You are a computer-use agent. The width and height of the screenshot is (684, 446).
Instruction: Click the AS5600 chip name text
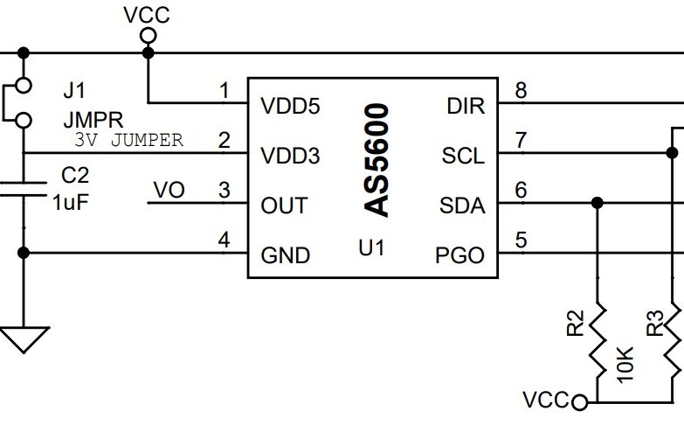377,160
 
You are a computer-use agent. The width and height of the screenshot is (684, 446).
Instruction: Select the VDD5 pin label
290,107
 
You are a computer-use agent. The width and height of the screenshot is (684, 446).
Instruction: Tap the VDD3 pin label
290,157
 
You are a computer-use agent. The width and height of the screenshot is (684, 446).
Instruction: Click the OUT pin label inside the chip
284,206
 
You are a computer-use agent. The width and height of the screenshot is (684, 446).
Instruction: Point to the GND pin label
286,256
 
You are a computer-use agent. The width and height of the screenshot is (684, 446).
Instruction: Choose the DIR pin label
466,107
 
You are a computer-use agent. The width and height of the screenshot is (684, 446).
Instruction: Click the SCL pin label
463,157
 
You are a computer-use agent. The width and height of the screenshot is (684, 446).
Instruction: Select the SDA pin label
462,206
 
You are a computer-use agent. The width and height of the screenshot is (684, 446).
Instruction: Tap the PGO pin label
459,256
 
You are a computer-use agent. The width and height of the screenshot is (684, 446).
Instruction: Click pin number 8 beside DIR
522,90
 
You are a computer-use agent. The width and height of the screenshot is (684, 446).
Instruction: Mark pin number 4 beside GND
225,240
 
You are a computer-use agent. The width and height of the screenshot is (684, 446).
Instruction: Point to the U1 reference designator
371,248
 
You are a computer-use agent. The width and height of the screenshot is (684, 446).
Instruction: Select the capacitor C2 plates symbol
24,189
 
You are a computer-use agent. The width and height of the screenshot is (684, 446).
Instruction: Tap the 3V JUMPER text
128,140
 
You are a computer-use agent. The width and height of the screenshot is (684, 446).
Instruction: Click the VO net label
169,190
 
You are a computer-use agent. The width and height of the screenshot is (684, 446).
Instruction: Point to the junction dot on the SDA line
597,203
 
